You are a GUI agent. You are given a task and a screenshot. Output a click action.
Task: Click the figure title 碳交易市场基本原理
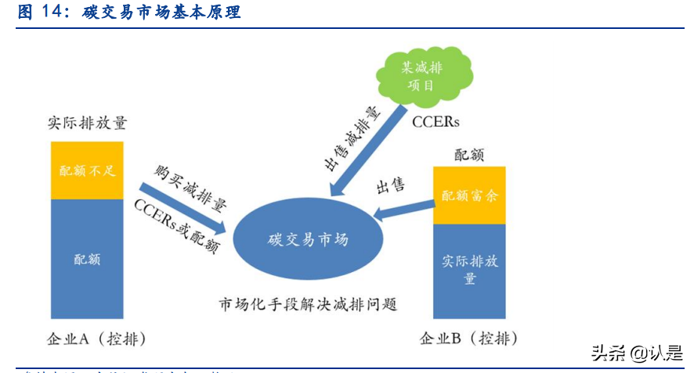pyautogui.click(x=161, y=13)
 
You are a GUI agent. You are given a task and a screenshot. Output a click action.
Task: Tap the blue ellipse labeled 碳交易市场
pyautogui.click(x=307, y=239)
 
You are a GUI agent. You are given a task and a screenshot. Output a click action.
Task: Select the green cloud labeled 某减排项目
pyautogui.click(x=423, y=76)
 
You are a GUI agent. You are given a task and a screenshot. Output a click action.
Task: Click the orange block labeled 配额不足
pyautogui.click(x=87, y=170)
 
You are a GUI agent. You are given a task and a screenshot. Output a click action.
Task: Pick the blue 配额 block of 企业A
pyautogui.click(x=87, y=258)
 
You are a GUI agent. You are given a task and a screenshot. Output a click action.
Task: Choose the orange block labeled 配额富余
pyautogui.click(x=469, y=195)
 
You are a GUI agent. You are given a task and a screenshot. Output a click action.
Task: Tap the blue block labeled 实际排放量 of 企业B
pyautogui.click(x=469, y=269)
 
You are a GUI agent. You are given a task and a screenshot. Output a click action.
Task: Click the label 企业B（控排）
pyautogui.click(x=468, y=339)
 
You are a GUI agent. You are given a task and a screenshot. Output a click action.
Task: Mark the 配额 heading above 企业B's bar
pyautogui.click(x=469, y=154)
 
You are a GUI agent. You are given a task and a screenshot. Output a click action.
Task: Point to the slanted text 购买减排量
pyautogui.click(x=190, y=188)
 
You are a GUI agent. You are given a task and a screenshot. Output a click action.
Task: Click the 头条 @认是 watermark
pyautogui.click(x=637, y=353)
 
